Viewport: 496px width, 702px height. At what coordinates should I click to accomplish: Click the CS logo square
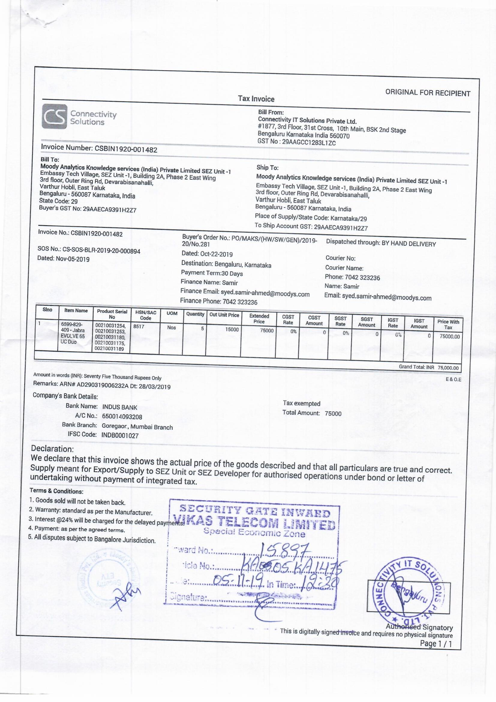pos(54,116)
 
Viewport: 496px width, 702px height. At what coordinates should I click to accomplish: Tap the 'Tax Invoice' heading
pos(256,99)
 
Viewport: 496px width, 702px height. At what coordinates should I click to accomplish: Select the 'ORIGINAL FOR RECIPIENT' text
pos(428,93)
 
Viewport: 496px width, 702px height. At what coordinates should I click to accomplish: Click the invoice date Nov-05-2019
pos(72,259)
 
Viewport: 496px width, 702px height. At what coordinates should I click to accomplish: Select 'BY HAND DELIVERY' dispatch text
pos(409,244)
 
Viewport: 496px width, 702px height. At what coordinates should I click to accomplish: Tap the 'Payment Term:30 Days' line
pos(212,273)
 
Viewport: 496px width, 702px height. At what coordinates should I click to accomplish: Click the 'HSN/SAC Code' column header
pos(145,315)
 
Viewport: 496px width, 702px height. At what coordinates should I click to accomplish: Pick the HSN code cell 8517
pos(138,327)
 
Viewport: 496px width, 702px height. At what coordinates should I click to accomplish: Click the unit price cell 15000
pos(232,330)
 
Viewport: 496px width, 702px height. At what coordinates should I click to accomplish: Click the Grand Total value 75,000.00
pos(448,368)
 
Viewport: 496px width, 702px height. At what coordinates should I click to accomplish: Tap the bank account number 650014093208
pos(122,416)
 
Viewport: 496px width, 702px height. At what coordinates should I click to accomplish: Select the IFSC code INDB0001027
pos(120,435)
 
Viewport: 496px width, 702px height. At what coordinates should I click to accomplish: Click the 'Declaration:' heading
pos(52,449)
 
